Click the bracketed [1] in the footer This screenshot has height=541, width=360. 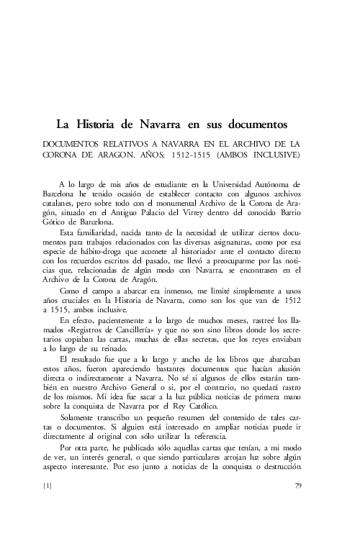48,506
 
